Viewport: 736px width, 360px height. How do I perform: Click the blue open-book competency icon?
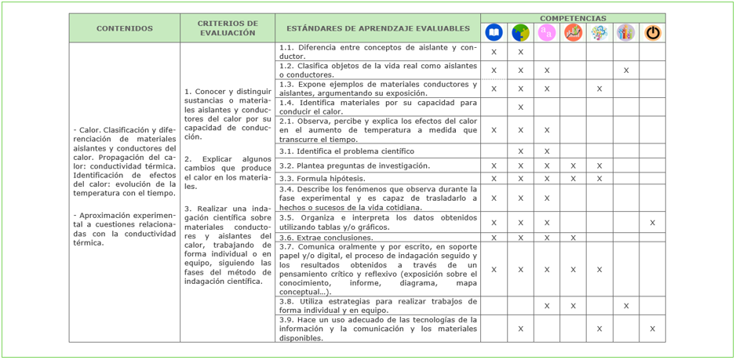[x=494, y=32]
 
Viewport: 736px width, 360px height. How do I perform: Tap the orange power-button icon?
[x=652, y=32]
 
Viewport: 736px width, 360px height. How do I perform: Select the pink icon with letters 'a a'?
[x=547, y=32]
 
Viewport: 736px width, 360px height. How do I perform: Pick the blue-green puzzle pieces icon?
[x=520, y=32]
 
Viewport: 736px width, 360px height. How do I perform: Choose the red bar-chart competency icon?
[x=573, y=32]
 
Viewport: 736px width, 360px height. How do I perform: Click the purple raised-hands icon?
[x=625, y=32]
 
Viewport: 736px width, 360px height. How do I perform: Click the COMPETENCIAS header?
[x=573, y=17]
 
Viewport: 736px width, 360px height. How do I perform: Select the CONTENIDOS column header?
[x=125, y=28]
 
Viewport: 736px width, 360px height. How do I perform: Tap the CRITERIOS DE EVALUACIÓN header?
[x=228, y=28]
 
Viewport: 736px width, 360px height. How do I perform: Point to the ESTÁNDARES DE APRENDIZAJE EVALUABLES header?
[x=377, y=28]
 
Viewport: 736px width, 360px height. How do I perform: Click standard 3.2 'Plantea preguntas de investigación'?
[x=354, y=165]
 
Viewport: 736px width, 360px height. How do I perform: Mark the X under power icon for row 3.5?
[x=652, y=223]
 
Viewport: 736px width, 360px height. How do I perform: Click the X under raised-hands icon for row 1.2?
[x=625, y=71]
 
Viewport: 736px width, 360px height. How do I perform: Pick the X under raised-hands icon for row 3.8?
[x=625, y=306]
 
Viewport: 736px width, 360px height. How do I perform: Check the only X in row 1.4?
[x=520, y=107]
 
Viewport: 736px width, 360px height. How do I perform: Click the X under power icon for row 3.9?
[x=652, y=329]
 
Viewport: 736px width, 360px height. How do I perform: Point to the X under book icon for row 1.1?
[x=494, y=52]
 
